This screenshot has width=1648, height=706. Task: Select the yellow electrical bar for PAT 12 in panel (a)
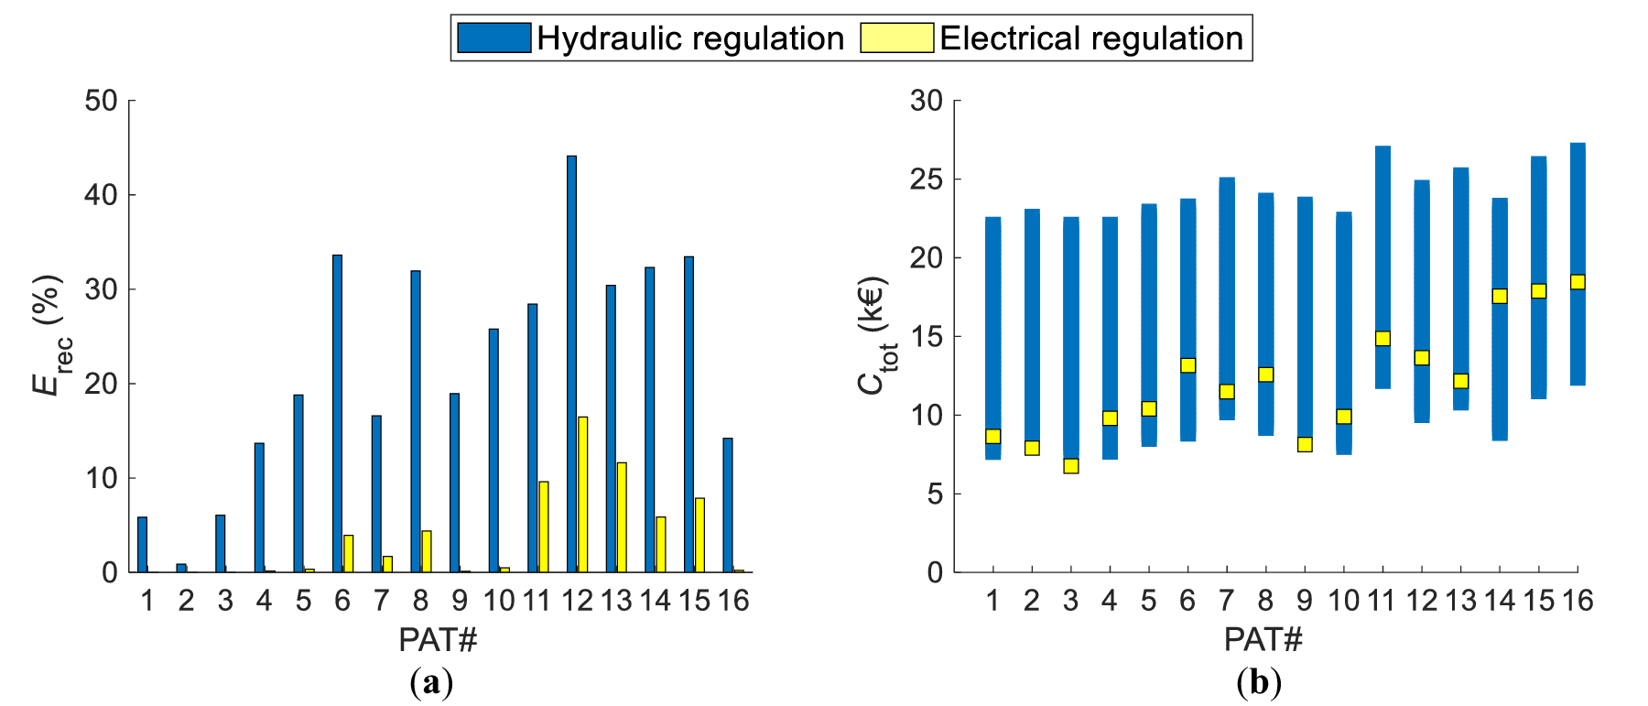tap(582, 495)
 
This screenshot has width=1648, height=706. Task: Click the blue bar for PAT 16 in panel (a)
tap(728, 505)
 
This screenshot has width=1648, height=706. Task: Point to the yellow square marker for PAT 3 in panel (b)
tap(1071, 466)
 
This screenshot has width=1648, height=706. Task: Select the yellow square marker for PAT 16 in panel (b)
tap(1578, 282)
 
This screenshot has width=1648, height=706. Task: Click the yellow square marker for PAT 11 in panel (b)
tap(1382, 338)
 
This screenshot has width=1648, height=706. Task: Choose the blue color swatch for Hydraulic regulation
tap(493, 38)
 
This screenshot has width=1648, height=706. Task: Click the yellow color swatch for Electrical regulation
tap(896, 38)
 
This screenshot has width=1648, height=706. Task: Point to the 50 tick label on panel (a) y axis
tap(102, 101)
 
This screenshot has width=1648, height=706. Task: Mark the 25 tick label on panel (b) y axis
tap(927, 179)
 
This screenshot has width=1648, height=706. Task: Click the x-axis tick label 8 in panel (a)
tap(420, 601)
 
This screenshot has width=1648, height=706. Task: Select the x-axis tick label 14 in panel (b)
tap(1500, 601)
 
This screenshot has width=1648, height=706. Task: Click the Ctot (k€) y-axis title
tap(875, 335)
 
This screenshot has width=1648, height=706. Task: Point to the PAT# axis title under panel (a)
tap(438, 640)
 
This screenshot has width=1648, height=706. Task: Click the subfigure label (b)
tap(1259, 683)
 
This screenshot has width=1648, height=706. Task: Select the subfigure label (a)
tap(432, 683)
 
